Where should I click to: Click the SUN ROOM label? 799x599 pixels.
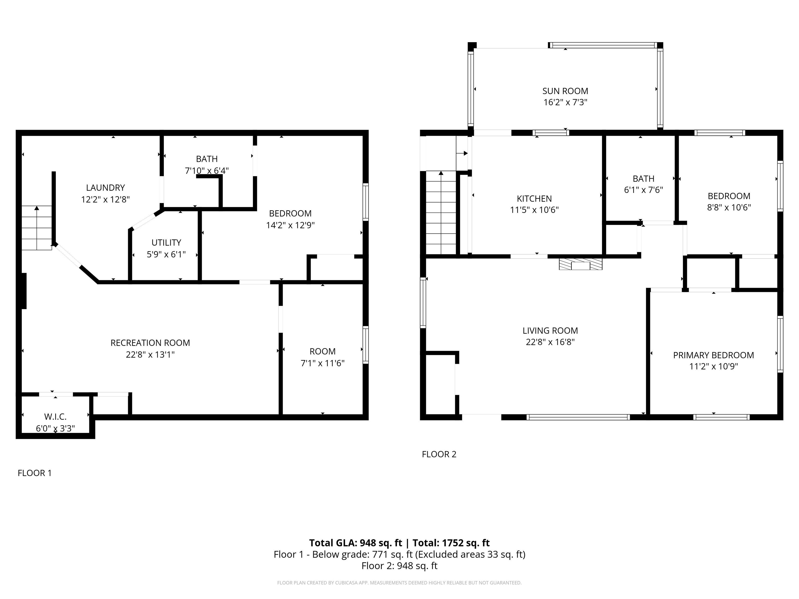[565, 91]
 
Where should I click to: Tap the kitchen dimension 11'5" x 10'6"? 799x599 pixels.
[534, 210]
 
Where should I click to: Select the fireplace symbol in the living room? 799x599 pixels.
[581, 264]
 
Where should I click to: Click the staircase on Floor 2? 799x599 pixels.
[441, 213]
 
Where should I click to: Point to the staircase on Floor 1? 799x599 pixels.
[36, 228]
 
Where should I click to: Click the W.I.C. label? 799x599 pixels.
[55, 417]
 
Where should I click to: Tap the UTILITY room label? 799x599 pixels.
[166, 243]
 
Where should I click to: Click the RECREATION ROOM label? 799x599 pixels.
[150, 343]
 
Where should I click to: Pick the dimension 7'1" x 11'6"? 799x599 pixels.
[323, 363]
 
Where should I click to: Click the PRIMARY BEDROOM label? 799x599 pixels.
[713, 355]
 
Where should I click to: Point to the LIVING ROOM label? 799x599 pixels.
[550, 331]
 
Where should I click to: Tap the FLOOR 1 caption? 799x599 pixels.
[35, 473]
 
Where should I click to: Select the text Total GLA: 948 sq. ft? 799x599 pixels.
[356, 543]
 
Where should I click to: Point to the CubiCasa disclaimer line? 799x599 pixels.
[399, 583]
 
